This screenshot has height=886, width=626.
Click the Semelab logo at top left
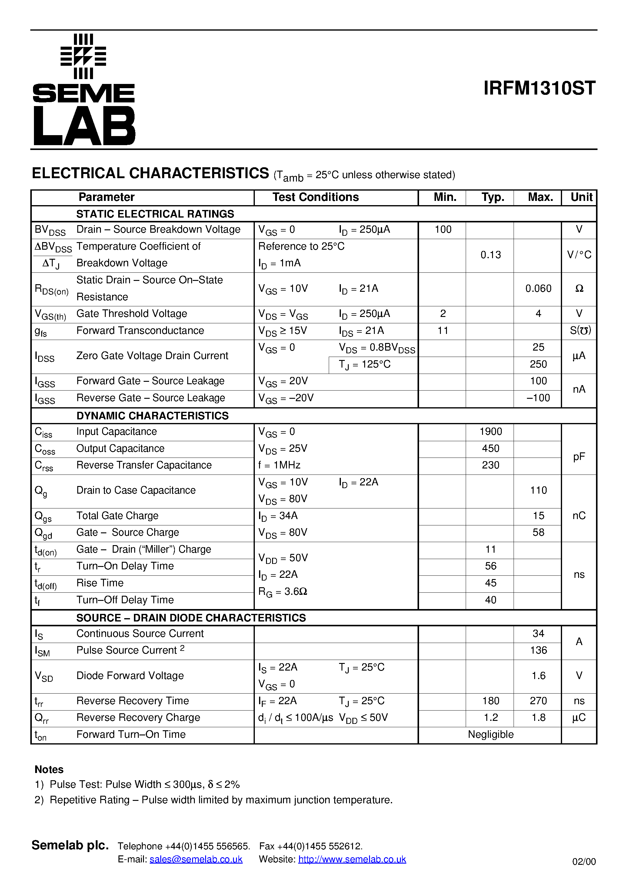coord(84,89)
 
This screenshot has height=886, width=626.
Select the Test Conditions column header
coord(315,197)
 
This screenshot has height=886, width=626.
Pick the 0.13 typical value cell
coord(491,255)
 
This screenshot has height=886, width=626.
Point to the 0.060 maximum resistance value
coord(538,289)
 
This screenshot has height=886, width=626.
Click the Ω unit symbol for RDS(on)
coord(579,289)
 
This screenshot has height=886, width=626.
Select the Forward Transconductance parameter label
coord(140,331)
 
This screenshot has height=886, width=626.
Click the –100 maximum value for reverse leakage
coord(538,398)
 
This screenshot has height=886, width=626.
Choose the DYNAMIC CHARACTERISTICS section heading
coord(152,416)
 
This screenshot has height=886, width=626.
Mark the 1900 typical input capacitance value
coord(491,431)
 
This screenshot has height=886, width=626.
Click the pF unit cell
coord(579,457)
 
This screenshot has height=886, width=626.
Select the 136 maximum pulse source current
coord(538,650)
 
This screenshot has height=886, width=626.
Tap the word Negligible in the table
coord(491,734)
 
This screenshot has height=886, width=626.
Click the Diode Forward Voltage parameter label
coord(130,676)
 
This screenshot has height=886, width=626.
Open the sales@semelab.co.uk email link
coord(196,859)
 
